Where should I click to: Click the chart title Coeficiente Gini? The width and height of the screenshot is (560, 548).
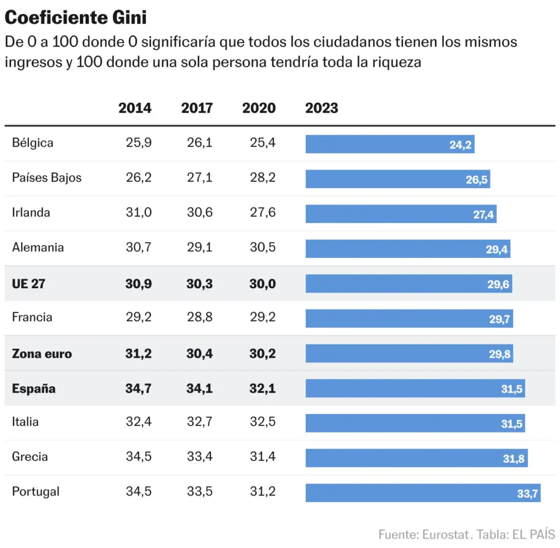click(75, 18)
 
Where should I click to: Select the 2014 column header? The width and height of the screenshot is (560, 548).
click(135, 108)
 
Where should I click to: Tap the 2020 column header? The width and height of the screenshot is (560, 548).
click(259, 108)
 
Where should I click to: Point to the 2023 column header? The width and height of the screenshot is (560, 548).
click(322, 108)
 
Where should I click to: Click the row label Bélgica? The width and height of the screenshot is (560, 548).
click(33, 143)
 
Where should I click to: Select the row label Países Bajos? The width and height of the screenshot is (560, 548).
click(46, 178)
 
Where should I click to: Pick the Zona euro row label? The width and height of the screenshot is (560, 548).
click(42, 353)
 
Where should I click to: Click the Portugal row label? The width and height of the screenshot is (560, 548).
click(36, 491)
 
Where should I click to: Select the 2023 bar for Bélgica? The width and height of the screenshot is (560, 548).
click(389, 144)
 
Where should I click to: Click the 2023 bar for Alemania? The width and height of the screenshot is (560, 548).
click(407, 249)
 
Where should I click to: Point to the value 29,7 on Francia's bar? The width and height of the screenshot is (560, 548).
click(499, 319)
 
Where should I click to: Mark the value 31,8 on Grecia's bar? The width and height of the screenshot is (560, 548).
click(514, 459)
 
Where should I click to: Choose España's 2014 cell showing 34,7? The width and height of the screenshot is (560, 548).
click(138, 389)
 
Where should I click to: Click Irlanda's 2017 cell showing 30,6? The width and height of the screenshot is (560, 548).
click(200, 212)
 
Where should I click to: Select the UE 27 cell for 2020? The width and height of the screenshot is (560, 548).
click(262, 283)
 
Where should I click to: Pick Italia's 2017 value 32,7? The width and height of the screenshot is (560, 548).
click(200, 422)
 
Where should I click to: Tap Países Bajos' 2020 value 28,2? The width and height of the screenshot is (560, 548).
click(262, 178)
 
